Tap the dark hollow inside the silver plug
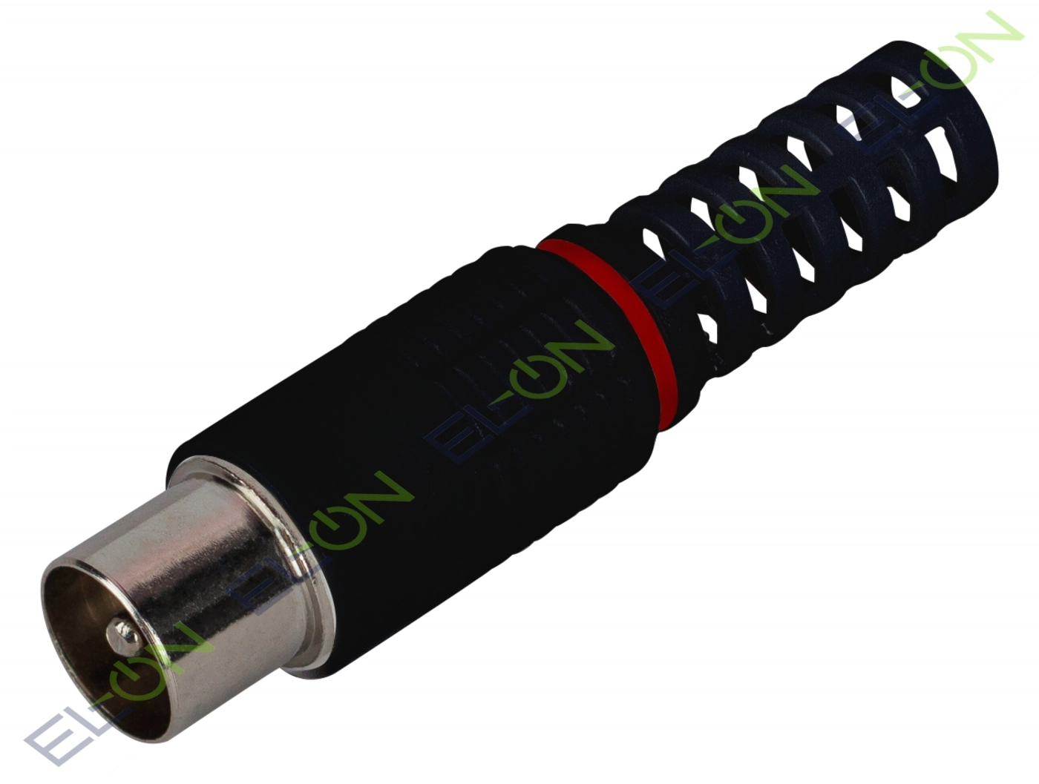point(90,625)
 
